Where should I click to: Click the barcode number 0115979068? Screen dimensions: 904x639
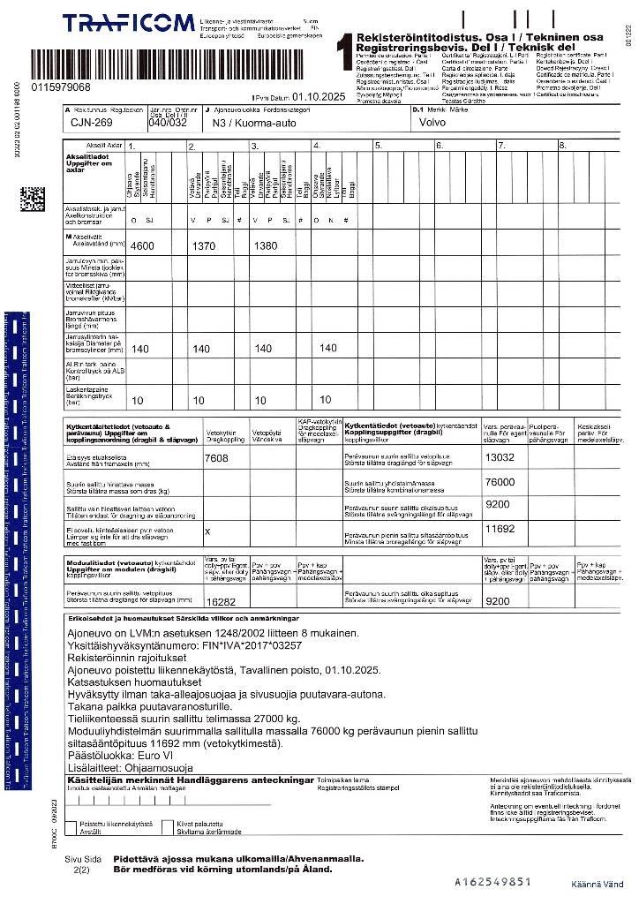(60, 87)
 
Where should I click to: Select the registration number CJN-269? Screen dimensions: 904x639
(91, 124)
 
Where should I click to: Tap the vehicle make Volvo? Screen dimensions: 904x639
(432, 123)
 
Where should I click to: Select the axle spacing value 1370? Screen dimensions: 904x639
(204, 245)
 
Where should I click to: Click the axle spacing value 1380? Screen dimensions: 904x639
(265, 245)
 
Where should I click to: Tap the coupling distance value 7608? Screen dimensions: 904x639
(216, 457)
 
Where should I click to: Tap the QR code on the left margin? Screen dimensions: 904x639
(32, 198)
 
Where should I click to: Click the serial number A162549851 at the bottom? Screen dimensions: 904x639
(492, 881)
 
